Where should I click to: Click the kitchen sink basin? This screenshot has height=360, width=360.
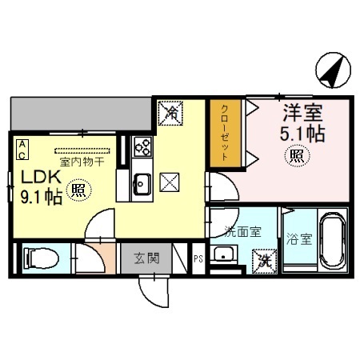141,185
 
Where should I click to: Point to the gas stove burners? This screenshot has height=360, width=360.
143,147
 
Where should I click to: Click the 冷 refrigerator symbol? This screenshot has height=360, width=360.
169,113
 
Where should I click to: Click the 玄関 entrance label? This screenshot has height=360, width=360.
146,258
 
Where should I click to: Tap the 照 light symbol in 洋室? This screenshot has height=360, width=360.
296,155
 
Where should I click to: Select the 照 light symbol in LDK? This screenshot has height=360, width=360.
78,190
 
